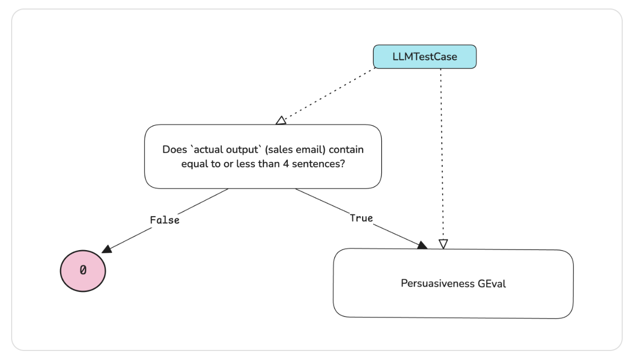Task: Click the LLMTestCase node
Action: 425,57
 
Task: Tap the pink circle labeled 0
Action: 82,270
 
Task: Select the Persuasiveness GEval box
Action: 453,284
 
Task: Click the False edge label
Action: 165,220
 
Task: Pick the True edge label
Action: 361,218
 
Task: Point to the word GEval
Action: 492,284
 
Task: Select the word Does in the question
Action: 173,149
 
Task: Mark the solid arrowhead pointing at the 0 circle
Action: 106,248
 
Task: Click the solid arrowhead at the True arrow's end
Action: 423,245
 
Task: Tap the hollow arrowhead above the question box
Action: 281,121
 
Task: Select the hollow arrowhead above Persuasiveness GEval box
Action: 443,244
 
